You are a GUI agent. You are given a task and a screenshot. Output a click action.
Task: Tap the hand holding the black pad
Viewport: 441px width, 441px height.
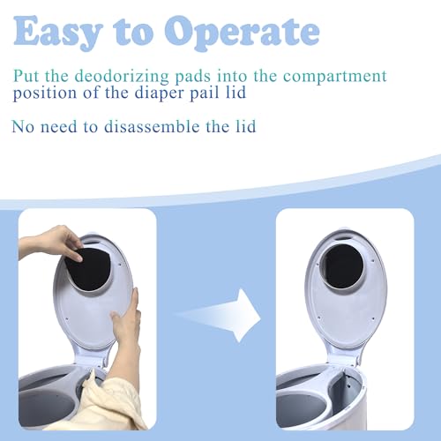point(51,243)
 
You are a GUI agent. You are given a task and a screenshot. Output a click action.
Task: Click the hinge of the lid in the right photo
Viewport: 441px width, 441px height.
point(347,360)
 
